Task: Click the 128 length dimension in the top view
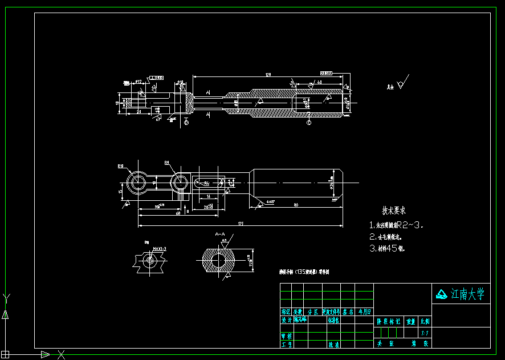(268, 75)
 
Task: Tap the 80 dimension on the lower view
(296, 204)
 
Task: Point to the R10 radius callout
(121, 167)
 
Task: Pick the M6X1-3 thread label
(159, 249)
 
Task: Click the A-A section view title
(221, 234)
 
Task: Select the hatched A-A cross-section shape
(218, 260)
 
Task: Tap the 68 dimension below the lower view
(178, 213)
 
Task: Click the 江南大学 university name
(467, 294)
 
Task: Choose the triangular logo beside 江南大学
(442, 294)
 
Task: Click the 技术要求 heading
(393, 211)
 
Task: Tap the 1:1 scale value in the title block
(425, 333)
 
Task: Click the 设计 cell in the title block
(286, 320)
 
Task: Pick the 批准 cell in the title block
(333, 345)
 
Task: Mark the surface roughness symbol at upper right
(402, 83)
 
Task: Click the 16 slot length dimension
(209, 196)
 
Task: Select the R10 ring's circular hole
(137, 183)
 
